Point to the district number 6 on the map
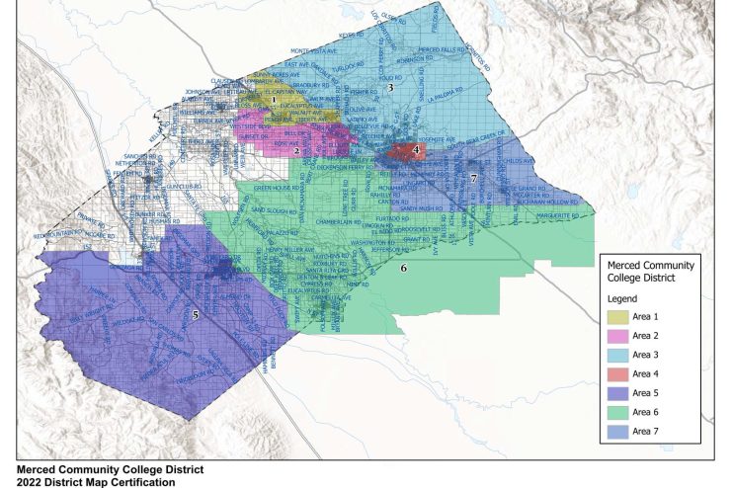403,268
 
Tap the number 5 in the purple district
196,315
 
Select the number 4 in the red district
416,150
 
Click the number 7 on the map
473,178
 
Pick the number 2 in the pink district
295,151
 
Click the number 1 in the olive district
273,100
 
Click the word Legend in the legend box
622,297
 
